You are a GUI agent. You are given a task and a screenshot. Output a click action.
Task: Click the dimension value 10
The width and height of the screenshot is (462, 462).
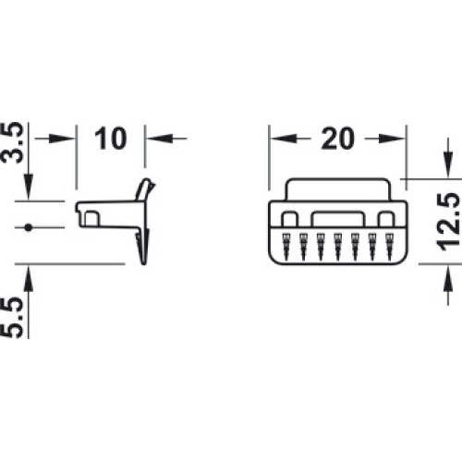(111, 139)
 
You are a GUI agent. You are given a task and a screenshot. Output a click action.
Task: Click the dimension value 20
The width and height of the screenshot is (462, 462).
(337, 139)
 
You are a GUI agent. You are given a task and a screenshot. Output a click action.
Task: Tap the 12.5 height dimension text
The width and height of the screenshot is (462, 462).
(448, 222)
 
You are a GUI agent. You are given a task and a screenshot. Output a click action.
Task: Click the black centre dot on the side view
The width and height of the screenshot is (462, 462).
(29, 227)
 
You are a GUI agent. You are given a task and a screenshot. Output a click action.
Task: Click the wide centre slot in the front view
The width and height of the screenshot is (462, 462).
(337, 219)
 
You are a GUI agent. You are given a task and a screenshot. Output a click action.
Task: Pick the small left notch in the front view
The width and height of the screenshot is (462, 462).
(289, 219)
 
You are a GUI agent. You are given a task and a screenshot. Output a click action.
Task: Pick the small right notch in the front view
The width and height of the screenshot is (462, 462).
(386, 219)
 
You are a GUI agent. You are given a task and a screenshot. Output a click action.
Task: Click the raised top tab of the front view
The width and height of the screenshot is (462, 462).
(338, 189)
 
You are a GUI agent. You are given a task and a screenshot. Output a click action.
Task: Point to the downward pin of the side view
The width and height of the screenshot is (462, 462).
(143, 247)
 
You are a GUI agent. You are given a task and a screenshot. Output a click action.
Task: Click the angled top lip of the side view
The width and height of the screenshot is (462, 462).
(145, 189)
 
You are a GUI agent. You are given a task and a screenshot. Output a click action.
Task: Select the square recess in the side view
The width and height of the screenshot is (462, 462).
(91, 218)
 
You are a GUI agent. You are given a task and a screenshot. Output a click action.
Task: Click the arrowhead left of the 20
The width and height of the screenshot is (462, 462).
(284, 139)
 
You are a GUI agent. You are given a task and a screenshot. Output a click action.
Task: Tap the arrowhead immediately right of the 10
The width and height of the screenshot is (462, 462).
(158, 139)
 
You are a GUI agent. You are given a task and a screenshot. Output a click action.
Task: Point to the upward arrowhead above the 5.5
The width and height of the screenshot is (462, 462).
(29, 278)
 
